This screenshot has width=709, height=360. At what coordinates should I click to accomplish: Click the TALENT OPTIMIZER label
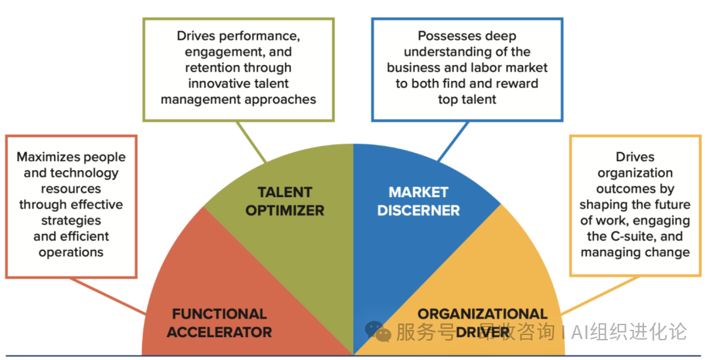point(285,201)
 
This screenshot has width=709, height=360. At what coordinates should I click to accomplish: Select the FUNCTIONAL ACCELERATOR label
point(219,323)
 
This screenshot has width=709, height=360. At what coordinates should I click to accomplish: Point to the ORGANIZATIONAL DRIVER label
point(483,323)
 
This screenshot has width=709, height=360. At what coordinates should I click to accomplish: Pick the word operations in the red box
point(71,252)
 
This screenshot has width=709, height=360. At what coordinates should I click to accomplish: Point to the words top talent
point(467,99)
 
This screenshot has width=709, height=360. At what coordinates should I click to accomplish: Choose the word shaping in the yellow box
point(603,205)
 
